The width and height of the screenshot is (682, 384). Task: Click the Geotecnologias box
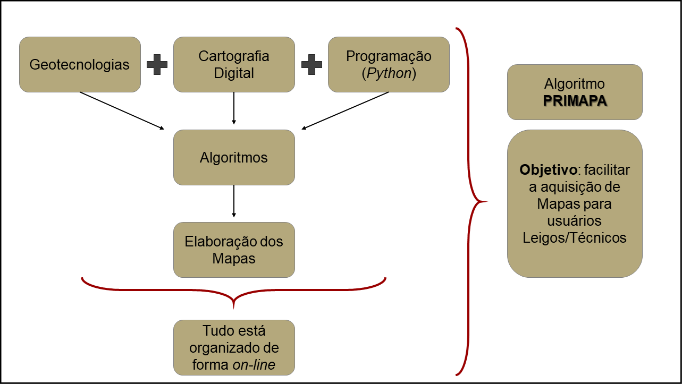80,64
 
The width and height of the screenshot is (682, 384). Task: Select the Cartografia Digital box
234,64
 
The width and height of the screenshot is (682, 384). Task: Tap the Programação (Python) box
389,64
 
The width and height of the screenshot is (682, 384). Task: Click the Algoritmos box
234,157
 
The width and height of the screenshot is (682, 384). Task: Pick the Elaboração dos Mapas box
234,250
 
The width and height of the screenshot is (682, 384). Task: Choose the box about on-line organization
234,347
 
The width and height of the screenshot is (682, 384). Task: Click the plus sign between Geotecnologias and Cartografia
157,64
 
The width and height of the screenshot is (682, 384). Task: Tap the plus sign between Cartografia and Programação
311,64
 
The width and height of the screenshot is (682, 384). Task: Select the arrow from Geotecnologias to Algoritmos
122,110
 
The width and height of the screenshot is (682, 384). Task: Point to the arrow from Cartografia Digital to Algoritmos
234,108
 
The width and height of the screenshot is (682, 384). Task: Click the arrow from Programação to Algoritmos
346,110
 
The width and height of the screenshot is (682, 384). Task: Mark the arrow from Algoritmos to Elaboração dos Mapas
234,201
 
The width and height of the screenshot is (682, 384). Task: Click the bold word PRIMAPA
575,101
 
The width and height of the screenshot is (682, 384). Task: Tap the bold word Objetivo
548,170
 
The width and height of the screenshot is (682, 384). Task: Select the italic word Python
388,73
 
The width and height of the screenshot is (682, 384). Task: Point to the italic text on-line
254,365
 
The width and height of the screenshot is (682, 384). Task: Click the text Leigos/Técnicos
575,237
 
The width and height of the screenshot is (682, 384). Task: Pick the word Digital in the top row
234,73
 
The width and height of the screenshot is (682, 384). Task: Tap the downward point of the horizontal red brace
234,306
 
